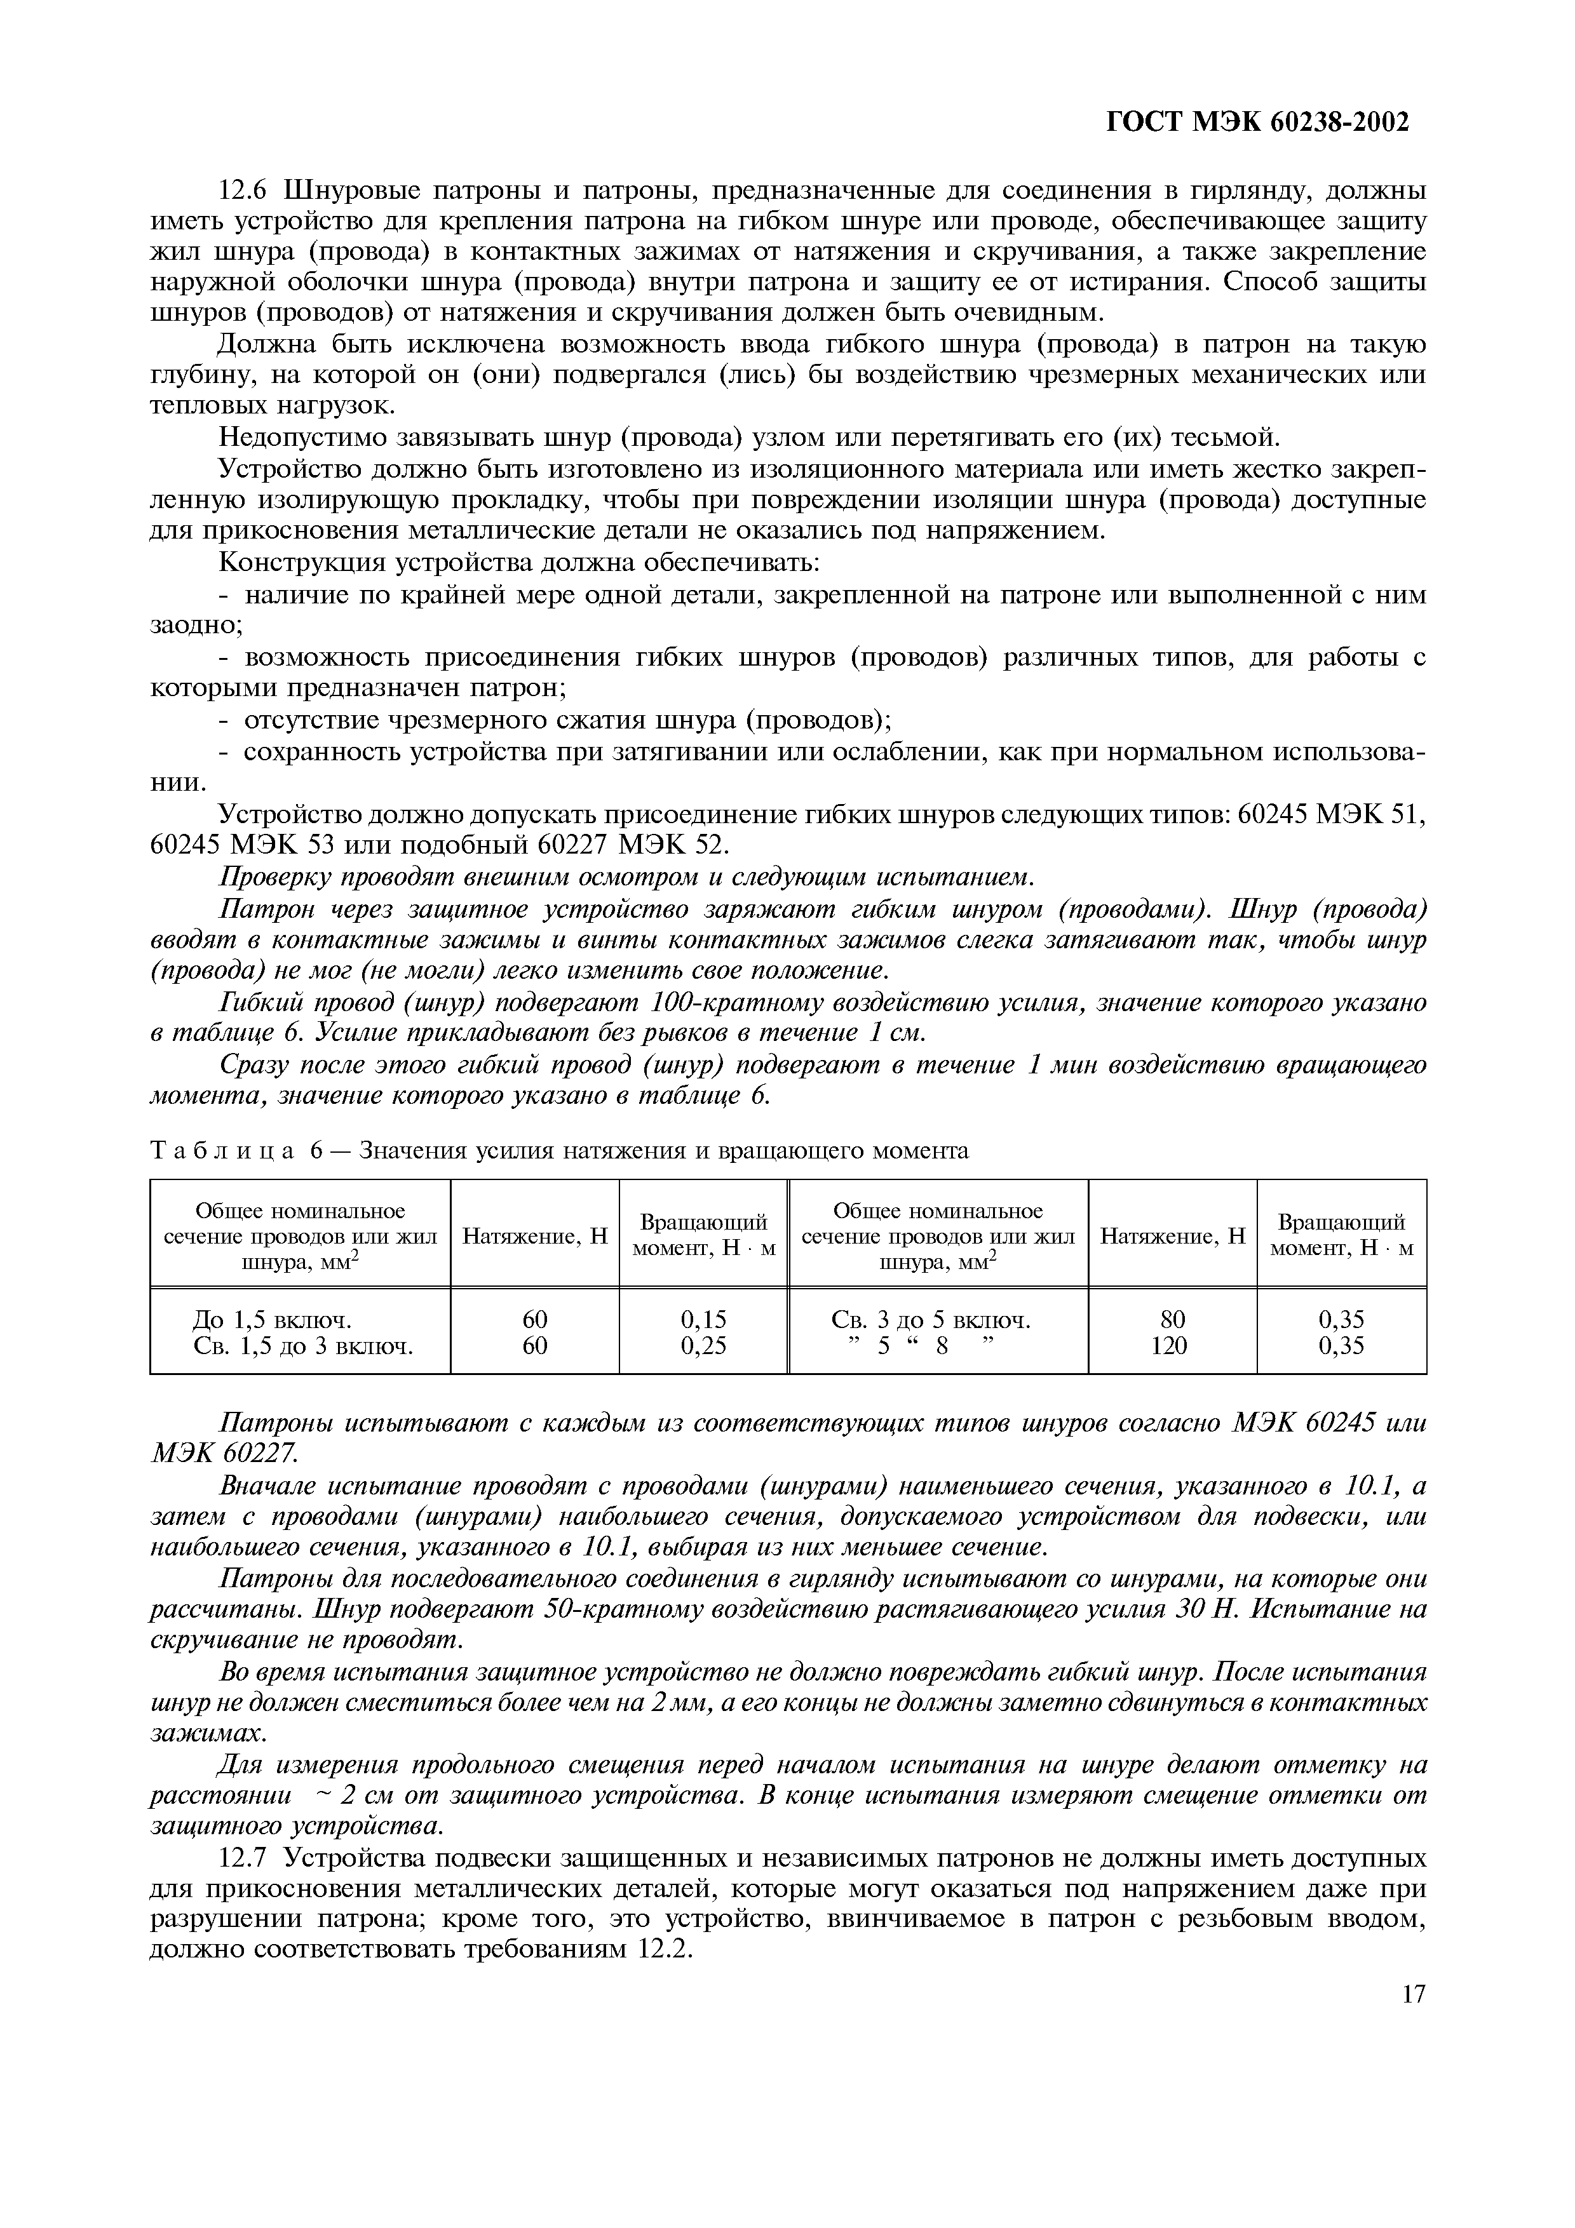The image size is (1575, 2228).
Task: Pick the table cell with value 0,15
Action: tap(703, 1320)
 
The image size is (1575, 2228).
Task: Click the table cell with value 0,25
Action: tap(703, 1346)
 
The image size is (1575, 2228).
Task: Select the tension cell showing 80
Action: tap(1172, 1320)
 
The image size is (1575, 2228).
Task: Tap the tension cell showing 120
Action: tap(1172, 1346)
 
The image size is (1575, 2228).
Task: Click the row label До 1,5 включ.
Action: tap(272, 1320)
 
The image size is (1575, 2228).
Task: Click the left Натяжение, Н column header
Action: tap(535, 1237)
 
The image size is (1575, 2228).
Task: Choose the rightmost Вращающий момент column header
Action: tap(1341, 1235)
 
